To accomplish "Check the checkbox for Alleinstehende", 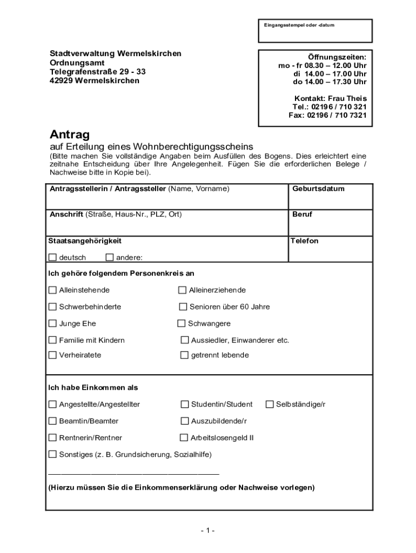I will [x=52, y=290].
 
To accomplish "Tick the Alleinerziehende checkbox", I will [x=183, y=290].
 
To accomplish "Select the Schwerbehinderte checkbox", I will [x=52, y=307].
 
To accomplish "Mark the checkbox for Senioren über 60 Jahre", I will [x=183, y=307].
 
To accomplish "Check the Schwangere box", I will [x=182, y=323].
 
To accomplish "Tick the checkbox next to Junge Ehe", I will [x=52, y=323].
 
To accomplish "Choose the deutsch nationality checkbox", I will [x=52, y=257].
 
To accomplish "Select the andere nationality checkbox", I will [x=110, y=257].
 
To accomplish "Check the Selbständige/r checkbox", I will [x=270, y=404].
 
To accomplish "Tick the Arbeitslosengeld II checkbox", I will [x=184, y=437].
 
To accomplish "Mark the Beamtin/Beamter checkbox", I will [x=52, y=421].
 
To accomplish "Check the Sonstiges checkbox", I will [x=52, y=454].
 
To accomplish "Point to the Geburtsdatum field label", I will [x=318, y=189].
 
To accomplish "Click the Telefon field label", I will [x=304, y=241].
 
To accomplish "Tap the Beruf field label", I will [x=303, y=214].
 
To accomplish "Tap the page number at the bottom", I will [x=207, y=530].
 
